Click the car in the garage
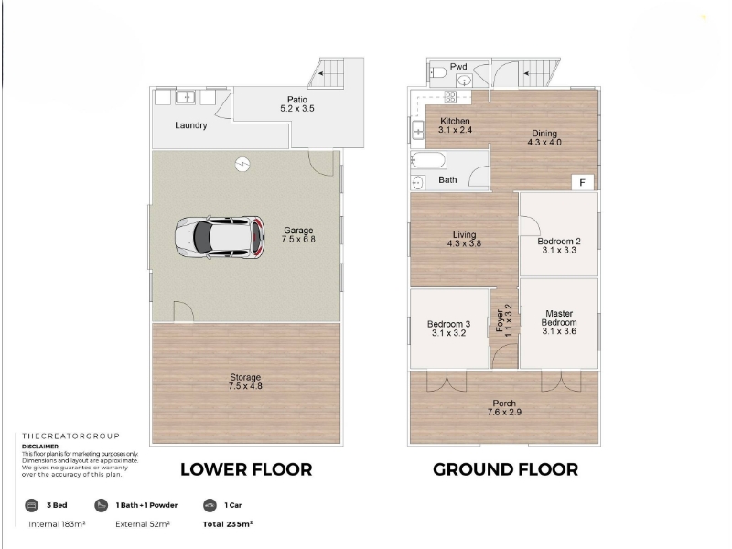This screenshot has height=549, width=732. [220, 238]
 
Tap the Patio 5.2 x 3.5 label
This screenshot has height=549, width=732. [297, 104]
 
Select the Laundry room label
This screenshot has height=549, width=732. [191, 125]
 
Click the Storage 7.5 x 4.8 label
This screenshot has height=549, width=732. [245, 382]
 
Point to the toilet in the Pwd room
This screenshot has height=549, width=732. [438, 73]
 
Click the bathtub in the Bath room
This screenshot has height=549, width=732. [428, 161]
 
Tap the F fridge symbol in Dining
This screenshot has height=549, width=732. [583, 182]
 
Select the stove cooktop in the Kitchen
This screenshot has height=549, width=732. [450, 97]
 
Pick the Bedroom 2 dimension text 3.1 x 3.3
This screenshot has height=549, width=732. [559, 250]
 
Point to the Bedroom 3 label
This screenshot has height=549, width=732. [448, 324]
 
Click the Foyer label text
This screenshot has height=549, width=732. [500, 321]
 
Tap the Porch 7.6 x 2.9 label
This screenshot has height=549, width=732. [504, 407]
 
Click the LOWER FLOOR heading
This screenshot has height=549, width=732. [246, 469]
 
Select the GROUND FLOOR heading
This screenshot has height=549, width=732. [505, 469]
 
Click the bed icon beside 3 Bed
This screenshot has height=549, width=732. [31, 505]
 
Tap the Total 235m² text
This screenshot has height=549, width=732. [228, 524]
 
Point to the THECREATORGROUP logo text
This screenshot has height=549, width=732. [70, 436]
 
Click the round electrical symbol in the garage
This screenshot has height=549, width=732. [242, 165]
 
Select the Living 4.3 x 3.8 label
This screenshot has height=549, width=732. [464, 239]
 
